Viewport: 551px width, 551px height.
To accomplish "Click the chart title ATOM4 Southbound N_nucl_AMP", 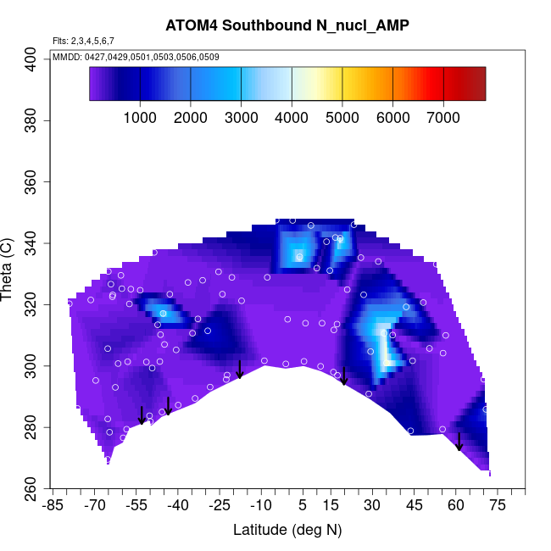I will click(x=287, y=25).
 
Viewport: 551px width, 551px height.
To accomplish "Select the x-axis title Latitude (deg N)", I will click(x=287, y=530).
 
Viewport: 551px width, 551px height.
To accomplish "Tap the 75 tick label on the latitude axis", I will click(x=498, y=506).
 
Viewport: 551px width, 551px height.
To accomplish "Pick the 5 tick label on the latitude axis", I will click(x=303, y=506).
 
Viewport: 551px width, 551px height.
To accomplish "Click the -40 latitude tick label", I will click(x=178, y=506).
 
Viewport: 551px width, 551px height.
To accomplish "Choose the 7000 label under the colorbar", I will click(x=443, y=118).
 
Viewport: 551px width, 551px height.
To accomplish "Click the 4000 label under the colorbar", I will click(x=292, y=118).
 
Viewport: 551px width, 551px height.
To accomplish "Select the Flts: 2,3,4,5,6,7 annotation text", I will click(x=83, y=41).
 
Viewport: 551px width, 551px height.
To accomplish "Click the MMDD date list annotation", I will click(x=136, y=57).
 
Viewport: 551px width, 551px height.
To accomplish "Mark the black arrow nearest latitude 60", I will click(x=459, y=442).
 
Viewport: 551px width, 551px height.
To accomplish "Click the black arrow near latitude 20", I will click(x=344, y=376).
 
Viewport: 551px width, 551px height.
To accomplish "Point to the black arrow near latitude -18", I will click(x=240, y=369).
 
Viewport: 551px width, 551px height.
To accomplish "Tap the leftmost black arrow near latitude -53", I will click(x=142, y=415).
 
